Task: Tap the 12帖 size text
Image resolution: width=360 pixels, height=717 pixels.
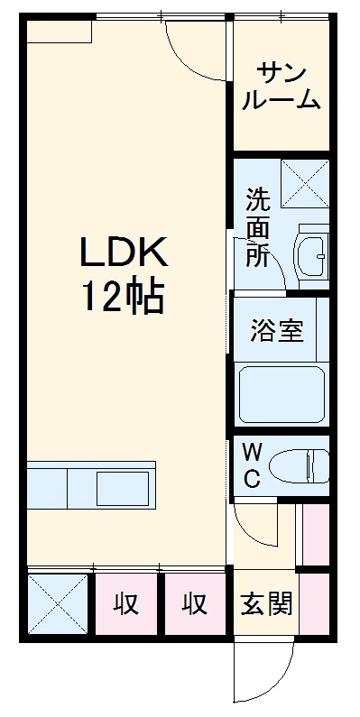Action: (124, 297)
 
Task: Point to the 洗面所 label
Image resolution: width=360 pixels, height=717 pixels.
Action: (258, 225)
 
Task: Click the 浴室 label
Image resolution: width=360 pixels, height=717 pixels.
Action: (277, 329)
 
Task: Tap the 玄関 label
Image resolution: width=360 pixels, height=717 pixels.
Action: (266, 602)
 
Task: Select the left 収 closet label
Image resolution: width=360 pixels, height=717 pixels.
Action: (127, 603)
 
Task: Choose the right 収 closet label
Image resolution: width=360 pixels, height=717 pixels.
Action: (196, 603)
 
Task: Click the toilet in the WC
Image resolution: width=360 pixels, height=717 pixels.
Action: (303, 465)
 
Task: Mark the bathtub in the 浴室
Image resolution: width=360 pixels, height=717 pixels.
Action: (282, 394)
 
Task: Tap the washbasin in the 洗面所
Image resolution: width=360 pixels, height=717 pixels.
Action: (312, 257)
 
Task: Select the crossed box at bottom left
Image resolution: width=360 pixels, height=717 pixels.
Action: (56, 603)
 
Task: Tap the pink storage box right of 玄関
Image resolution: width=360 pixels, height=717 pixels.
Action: (315, 602)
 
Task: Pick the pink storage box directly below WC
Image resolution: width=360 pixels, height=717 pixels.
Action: (315, 535)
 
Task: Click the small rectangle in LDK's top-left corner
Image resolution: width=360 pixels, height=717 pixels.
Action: (60, 32)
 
